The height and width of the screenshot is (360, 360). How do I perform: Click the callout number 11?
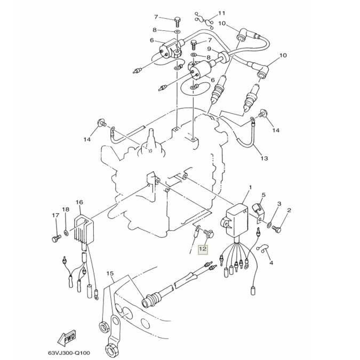222,13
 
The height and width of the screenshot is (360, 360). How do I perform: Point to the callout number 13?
264,158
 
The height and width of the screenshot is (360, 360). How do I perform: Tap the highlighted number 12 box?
203,249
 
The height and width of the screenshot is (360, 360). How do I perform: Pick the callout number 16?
79,202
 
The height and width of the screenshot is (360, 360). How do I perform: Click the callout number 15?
110,274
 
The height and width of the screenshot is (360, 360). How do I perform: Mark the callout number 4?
271,263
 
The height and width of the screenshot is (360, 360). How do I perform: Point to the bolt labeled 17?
56,236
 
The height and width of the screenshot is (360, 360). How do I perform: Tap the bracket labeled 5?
258,210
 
